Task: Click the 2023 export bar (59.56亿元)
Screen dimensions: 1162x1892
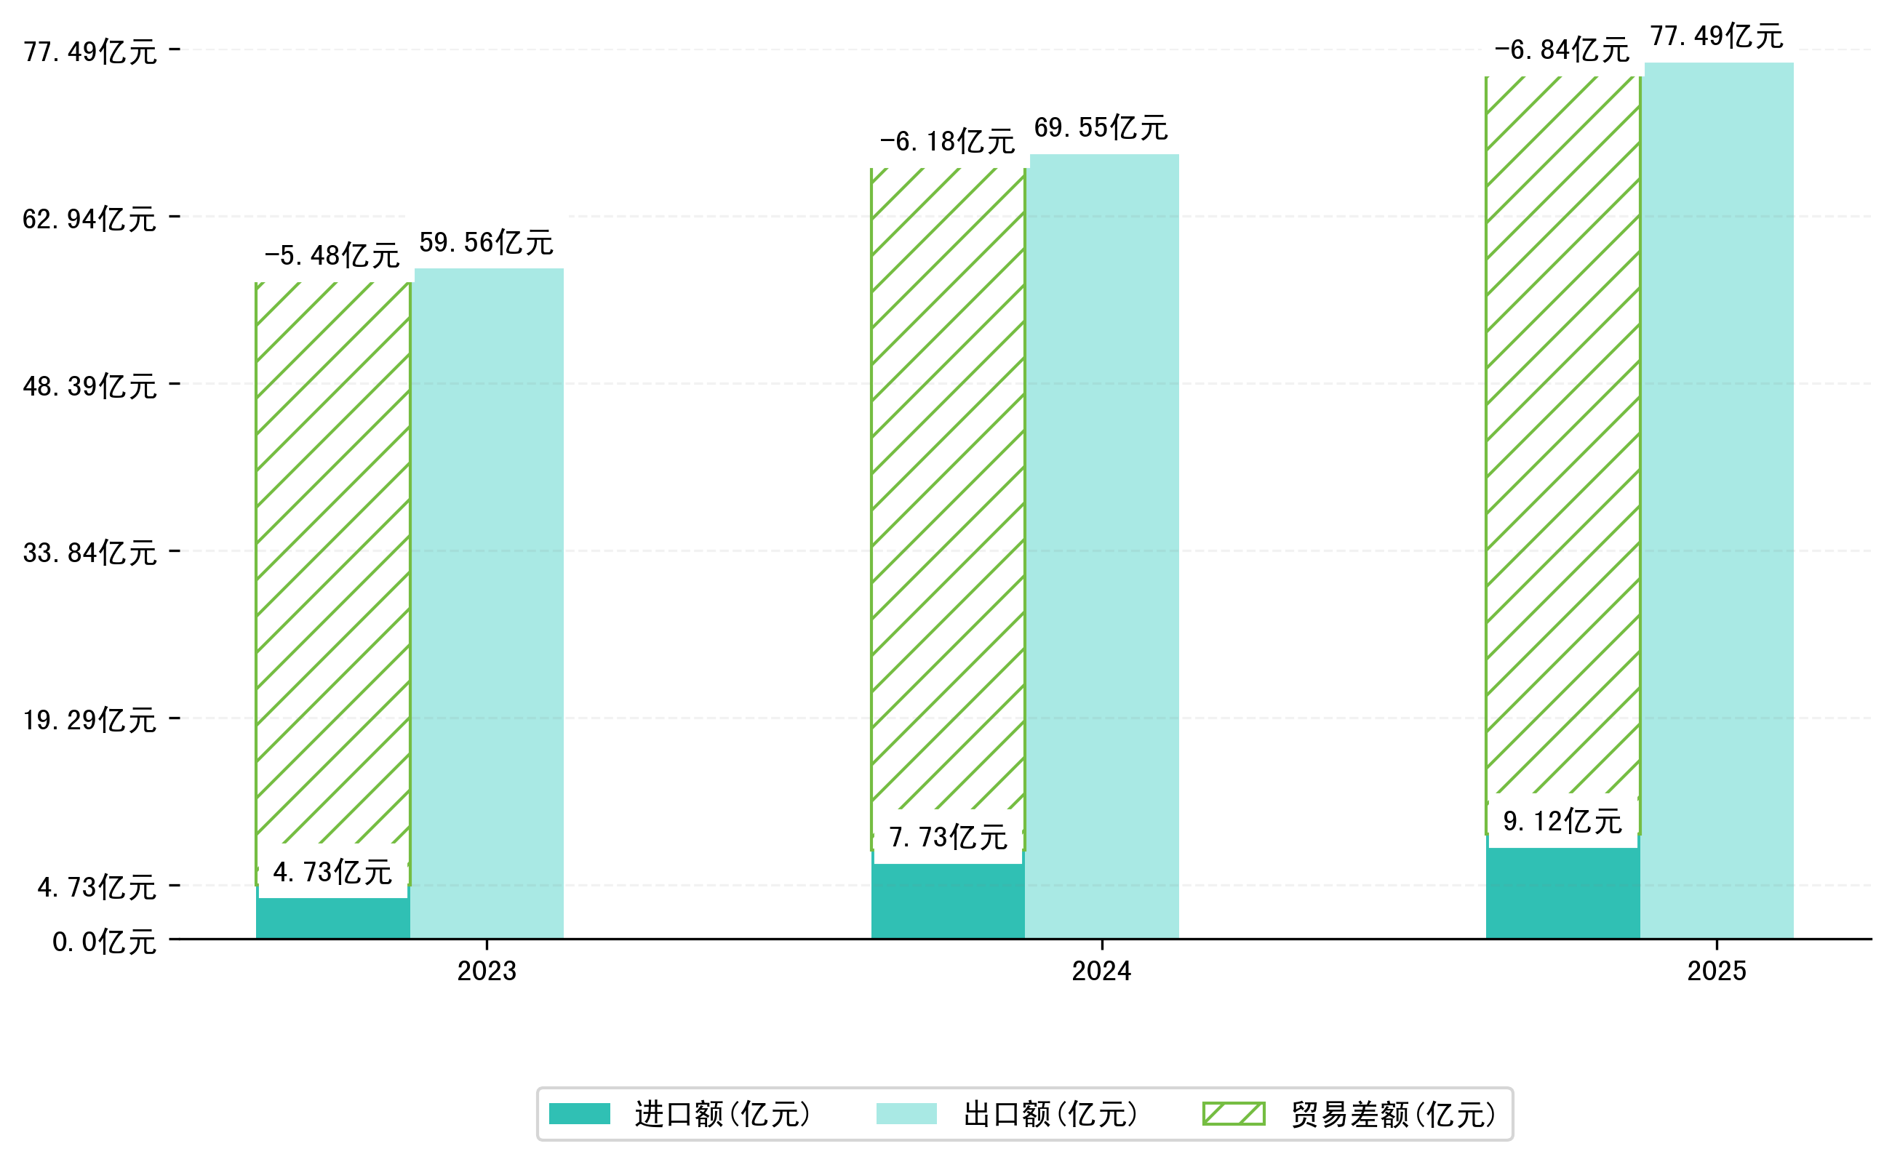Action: pos(488,604)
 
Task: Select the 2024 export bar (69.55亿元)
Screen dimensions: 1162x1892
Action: pos(1103,545)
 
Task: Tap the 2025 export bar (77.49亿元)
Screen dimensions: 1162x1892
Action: pos(1718,500)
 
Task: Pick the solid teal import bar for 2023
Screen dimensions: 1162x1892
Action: pos(332,918)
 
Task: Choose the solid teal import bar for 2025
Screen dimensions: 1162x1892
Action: pos(1562,893)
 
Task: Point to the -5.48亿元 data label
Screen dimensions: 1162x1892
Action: pos(332,256)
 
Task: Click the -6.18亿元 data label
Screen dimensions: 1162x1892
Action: pos(947,141)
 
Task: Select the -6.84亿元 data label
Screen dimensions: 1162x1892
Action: pos(1562,50)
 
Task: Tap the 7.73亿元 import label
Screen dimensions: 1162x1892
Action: pos(948,837)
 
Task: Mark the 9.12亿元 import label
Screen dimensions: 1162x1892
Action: pos(1562,822)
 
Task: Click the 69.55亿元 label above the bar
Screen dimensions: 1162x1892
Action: pos(1101,127)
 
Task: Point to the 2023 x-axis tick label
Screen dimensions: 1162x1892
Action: pos(487,971)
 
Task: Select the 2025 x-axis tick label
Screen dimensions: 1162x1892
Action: pos(1717,971)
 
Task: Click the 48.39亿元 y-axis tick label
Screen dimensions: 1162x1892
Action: pos(90,386)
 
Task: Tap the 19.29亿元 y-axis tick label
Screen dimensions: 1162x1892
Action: pos(90,720)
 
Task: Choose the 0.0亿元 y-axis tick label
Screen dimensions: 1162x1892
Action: pos(105,942)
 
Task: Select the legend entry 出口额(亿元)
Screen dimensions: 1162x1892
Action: pos(1050,1114)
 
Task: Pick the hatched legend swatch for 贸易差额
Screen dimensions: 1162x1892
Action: pos(1233,1113)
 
